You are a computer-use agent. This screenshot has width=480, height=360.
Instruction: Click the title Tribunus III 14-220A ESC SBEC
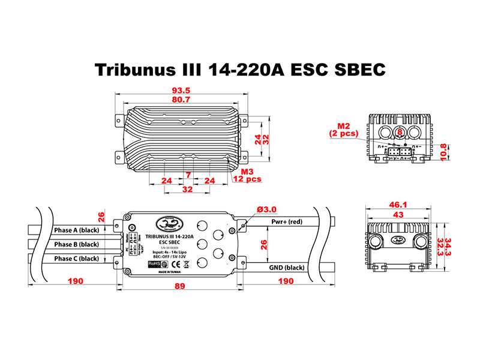tap(239, 70)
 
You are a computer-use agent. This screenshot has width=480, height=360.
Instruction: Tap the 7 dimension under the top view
tap(188, 175)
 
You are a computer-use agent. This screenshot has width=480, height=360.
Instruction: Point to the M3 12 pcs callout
tap(248, 175)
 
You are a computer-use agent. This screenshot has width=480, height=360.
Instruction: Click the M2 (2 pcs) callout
tap(344, 130)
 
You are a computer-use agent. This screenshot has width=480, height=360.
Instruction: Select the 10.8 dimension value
tap(443, 151)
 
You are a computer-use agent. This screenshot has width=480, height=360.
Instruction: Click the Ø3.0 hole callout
tap(266, 209)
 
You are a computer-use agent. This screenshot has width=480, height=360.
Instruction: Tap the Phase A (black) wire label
tap(76, 230)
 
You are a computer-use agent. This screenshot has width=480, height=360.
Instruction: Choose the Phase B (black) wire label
tap(76, 244)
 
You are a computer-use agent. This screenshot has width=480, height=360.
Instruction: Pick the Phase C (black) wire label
tap(76, 258)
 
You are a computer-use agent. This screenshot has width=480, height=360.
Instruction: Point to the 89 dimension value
tap(179, 287)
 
